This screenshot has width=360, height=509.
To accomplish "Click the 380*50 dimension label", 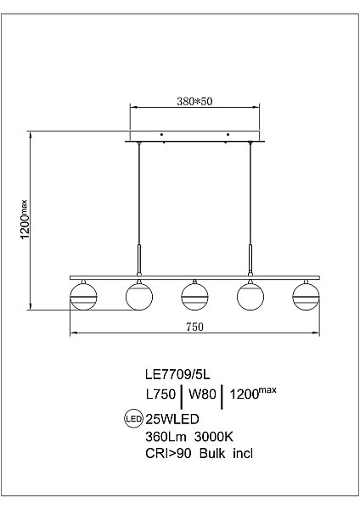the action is [x=194, y=101].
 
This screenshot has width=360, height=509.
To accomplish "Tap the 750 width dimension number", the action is [x=194, y=327].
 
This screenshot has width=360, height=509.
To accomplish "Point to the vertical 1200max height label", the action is [x=25, y=219].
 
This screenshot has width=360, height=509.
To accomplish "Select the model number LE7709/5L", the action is [x=177, y=375].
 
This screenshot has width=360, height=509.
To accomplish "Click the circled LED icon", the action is [x=133, y=418].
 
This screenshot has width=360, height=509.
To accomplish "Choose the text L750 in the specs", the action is [x=160, y=394].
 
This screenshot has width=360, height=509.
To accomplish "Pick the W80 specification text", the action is [x=202, y=394].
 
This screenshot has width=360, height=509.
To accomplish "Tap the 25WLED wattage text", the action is [x=172, y=419].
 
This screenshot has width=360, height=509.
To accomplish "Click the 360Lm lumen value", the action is [x=166, y=437].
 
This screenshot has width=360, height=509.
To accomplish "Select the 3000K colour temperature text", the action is [x=214, y=437].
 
